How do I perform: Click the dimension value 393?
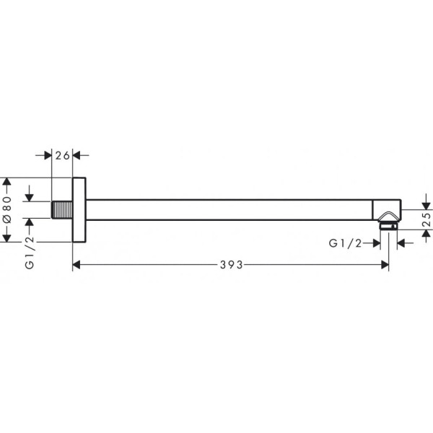coord(231,265)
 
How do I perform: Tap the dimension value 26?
coord(62,156)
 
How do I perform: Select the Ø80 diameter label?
coord(7,210)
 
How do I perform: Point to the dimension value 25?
coord(427,219)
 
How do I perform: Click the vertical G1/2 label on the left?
coord(30,253)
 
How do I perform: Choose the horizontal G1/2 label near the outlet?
coord(345,243)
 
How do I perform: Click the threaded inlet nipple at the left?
coord(62,210)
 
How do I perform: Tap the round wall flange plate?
coord(79,210)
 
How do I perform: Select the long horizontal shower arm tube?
coord(229,210)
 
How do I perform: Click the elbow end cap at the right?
coord(387,210)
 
